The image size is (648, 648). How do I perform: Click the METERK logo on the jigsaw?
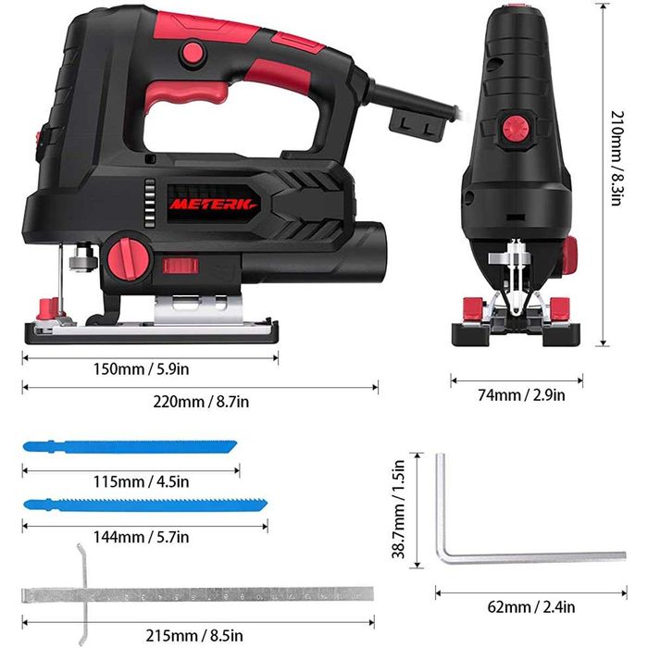[214, 205]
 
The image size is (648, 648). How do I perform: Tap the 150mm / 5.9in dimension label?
[141, 369]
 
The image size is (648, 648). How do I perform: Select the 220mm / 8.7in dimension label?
[201, 402]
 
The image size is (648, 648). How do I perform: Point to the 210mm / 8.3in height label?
[617, 158]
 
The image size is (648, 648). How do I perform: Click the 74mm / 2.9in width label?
[521, 395]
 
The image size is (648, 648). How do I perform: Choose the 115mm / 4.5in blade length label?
[141, 482]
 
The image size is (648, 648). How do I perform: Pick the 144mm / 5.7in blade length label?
[141, 537]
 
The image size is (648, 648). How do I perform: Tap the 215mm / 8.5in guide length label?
[194, 635]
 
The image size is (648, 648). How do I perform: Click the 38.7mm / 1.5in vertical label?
[398, 509]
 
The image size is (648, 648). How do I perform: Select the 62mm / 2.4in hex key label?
[531, 607]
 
